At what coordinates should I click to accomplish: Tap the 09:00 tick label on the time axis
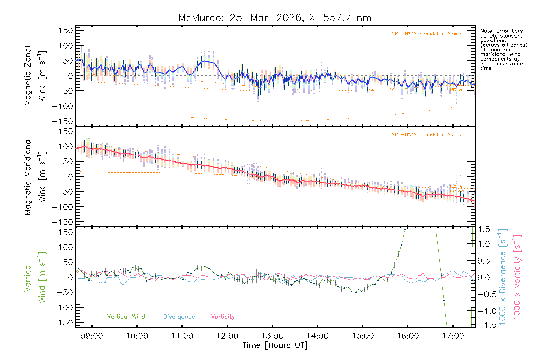[x=92, y=336]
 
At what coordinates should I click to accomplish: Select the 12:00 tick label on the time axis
[x=227, y=336]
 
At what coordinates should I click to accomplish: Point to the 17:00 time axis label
[x=453, y=336]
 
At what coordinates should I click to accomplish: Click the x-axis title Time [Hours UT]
[x=275, y=345]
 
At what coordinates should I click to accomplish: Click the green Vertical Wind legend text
[x=126, y=316]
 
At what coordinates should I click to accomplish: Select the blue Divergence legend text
[x=179, y=316]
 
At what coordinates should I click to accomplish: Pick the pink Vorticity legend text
[x=223, y=316]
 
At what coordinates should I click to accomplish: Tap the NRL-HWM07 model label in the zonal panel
[x=427, y=34]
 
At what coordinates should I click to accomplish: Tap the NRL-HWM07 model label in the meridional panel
[x=427, y=135]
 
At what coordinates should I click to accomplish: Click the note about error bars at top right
[x=503, y=49]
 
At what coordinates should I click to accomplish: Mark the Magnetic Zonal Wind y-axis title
[x=35, y=76]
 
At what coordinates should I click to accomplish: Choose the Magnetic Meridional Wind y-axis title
[x=35, y=176]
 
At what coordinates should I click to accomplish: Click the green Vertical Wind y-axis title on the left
[x=35, y=277]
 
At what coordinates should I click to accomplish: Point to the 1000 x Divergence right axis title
[x=503, y=277]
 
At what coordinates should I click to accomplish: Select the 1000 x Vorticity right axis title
[x=517, y=277]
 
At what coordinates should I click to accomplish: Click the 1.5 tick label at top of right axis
[x=484, y=230]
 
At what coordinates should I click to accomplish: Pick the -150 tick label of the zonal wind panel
[x=62, y=121]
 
